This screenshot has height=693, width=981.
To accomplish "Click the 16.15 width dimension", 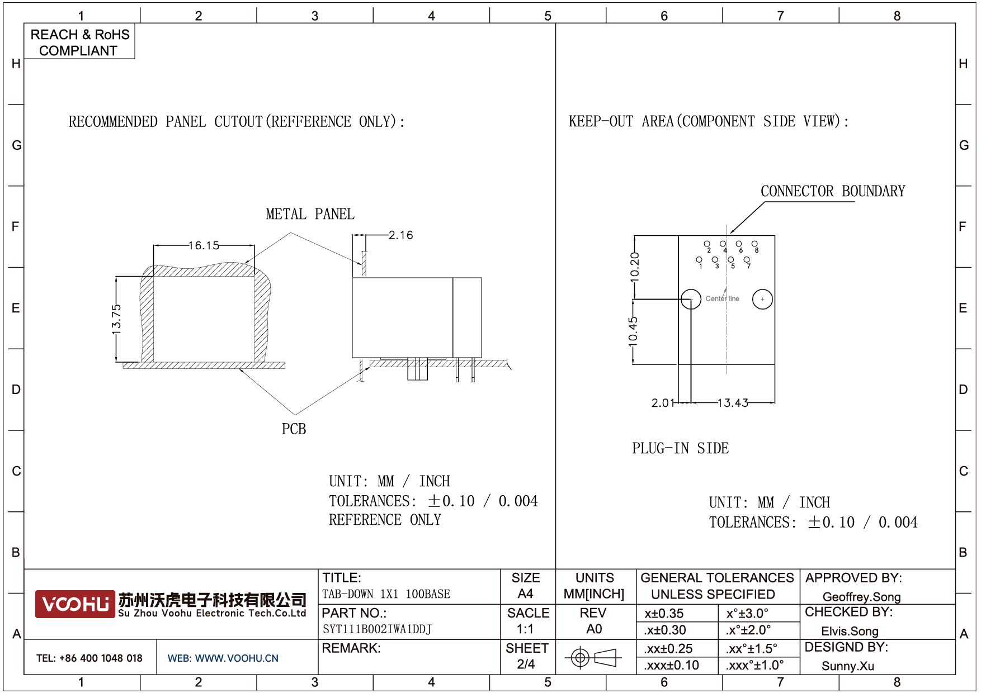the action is (x=204, y=245).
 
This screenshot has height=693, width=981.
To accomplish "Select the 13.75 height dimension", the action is (x=116, y=319).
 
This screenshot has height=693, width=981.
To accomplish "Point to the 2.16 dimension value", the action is (x=401, y=235).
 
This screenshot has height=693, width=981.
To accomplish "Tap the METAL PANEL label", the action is (x=310, y=214).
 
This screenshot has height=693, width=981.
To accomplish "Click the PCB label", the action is (x=294, y=429).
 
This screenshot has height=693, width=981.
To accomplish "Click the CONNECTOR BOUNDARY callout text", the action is (x=833, y=191).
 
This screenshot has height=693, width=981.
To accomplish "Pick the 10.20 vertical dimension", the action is (x=634, y=267).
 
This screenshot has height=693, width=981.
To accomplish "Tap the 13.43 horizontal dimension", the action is (x=733, y=403).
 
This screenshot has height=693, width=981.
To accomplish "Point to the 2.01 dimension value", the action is (x=663, y=403).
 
